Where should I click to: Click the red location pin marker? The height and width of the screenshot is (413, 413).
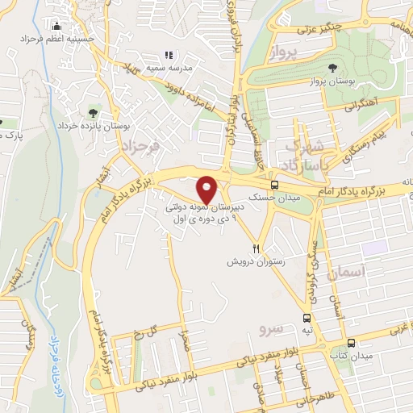tap(208, 190)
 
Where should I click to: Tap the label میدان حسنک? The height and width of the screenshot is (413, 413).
tap(251, 196)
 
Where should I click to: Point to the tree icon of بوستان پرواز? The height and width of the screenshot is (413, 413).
tap(335, 67)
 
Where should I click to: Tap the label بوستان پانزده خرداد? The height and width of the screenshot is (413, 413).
tap(94, 126)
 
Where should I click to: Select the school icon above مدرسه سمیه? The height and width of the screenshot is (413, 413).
tap(169, 55)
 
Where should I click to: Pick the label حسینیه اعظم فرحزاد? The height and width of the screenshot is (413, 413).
tap(57, 39)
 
